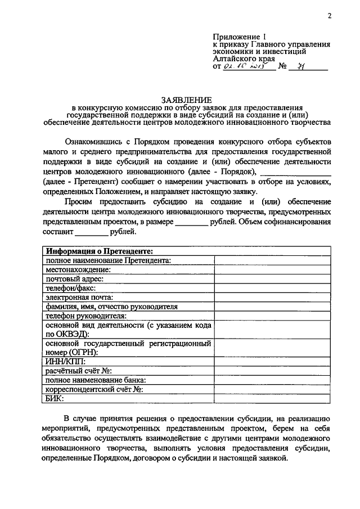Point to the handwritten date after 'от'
tap(247, 66)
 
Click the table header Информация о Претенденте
tap(100, 251)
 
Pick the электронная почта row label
tap(80, 297)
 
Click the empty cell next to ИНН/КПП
tap(272, 362)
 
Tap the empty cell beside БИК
tap(272, 398)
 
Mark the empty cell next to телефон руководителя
tap(272, 316)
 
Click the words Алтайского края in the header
tap(244, 57)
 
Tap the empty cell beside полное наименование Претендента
tap(272, 260)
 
